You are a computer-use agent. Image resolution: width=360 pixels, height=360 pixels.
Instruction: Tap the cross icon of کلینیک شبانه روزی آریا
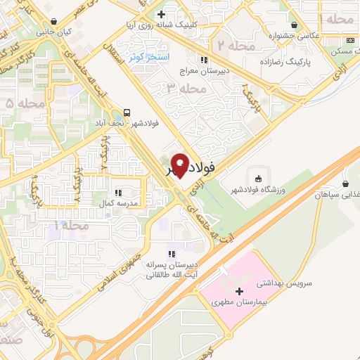point(161,13)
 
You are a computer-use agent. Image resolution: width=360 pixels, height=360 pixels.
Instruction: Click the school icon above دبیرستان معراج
point(203,60)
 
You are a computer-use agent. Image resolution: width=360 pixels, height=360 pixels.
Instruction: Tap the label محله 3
point(185,88)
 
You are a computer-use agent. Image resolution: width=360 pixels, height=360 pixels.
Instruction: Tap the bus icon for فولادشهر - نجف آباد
point(127,112)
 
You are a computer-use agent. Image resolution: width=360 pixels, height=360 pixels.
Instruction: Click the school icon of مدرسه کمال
point(119,191)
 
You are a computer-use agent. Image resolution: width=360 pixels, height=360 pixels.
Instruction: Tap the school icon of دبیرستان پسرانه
point(170,254)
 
